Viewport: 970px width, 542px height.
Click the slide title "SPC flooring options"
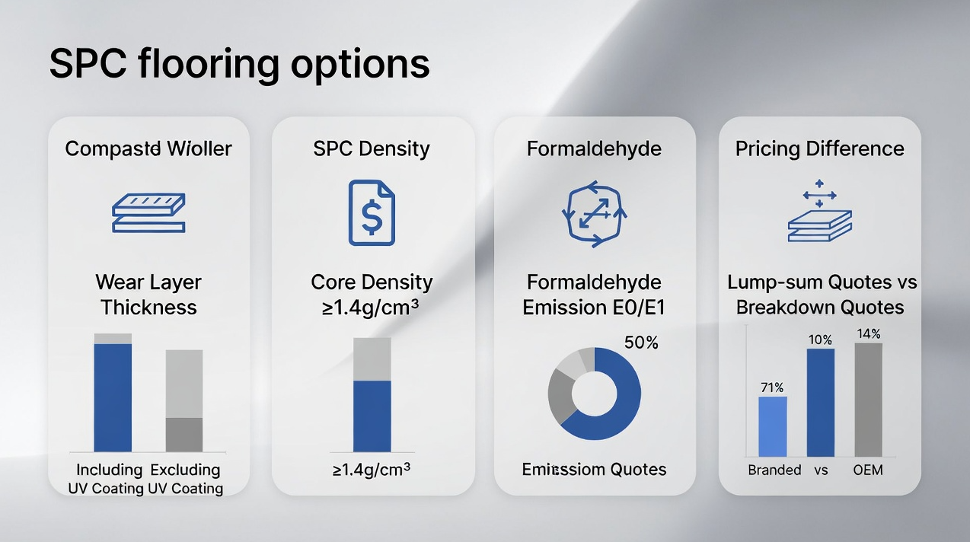[239, 64]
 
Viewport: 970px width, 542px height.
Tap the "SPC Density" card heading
[372, 148]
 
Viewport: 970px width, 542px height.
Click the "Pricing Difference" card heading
[819, 148]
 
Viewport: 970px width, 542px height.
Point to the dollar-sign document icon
[372, 212]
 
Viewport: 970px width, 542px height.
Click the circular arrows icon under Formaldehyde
[594, 212]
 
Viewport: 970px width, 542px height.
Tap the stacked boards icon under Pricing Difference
[819, 217]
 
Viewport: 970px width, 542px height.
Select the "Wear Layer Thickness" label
[148, 295]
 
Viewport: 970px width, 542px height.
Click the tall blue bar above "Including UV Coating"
[113, 397]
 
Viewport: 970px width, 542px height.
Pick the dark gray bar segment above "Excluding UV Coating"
[184, 435]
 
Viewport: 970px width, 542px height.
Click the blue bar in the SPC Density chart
[372, 416]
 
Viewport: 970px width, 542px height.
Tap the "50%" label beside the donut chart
[640, 343]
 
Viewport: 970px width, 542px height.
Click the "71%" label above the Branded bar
[772, 387]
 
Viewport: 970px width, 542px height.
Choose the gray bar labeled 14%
[868, 400]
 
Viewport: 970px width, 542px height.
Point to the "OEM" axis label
[868, 470]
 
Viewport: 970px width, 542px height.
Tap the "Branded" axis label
[774, 470]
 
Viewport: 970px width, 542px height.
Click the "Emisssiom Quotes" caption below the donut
[594, 469]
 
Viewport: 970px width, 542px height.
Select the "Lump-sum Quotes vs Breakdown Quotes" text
[821, 295]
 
